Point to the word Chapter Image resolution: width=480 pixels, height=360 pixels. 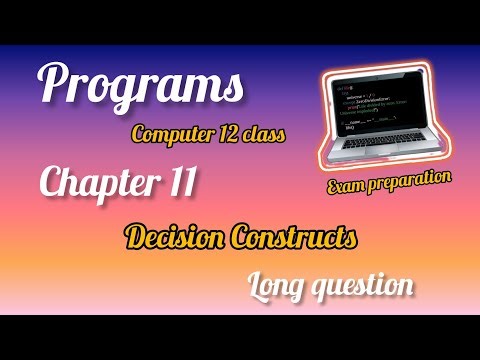tap(92, 183)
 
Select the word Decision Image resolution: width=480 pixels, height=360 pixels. tap(175, 238)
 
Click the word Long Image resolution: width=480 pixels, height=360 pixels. tap(279, 286)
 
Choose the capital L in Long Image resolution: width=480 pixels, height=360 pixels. tap(256, 285)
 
